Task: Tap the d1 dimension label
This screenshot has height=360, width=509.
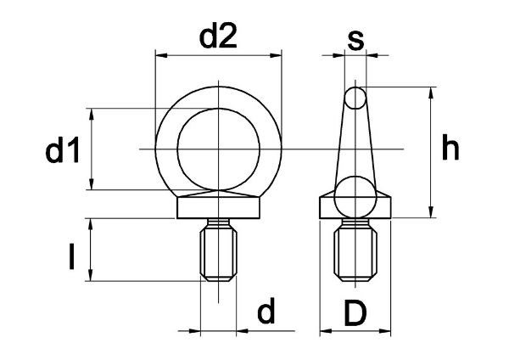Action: pyautogui.click(x=63, y=149)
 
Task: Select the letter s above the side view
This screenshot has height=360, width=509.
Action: pyautogui.click(x=355, y=41)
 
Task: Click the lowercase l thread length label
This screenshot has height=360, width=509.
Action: pyautogui.click(x=72, y=257)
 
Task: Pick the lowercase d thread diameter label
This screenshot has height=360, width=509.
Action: pyautogui.click(x=266, y=310)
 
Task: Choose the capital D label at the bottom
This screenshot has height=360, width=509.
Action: pyautogui.click(x=355, y=313)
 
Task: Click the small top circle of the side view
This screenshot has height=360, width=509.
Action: pyautogui.click(x=355, y=98)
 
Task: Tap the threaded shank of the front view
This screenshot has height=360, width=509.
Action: pyautogui.click(x=219, y=250)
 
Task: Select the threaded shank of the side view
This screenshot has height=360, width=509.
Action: pyautogui.click(x=355, y=250)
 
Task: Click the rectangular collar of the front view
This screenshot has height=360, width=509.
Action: pyautogui.click(x=219, y=208)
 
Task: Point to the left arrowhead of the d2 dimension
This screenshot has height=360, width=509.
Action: pyautogui.click(x=162, y=56)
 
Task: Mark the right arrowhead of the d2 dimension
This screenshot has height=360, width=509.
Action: pyautogui.click(x=275, y=56)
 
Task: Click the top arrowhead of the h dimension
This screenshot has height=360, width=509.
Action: pyautogui.click(x=431, y=93)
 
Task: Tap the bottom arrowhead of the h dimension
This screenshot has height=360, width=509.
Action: pyautogui.click(x=431, y=212)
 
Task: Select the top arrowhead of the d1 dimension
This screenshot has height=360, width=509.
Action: pyautogui.click(x=92, y=115)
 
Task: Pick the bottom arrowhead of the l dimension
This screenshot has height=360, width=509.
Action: pyautogui.click(x=91, y=274)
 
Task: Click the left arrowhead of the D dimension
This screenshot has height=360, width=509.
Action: pyautogui.click(x=326, y=331)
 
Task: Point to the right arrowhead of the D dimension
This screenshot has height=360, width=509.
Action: pyautogui.click(x=384, y=331)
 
